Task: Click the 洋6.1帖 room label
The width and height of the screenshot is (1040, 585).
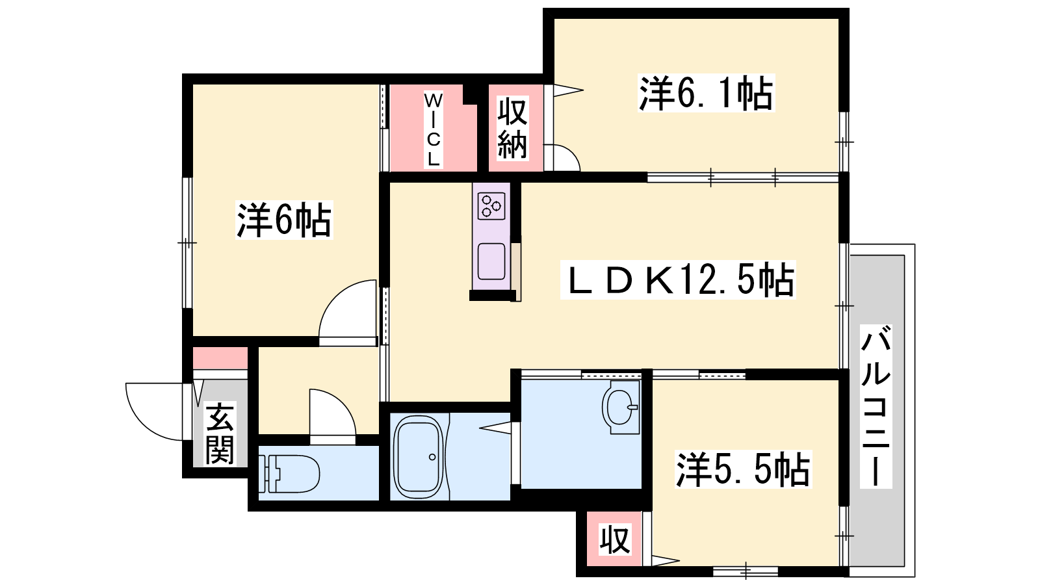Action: click(x=706, y=94)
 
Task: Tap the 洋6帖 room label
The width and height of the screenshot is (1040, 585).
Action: click(x=284, y=220)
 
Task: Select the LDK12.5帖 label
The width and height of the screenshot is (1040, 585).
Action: click(x=678, y=279)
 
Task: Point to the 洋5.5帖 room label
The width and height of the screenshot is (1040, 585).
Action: click(x=744, y=469)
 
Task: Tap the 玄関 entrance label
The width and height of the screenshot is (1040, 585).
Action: click(x=220, y=434)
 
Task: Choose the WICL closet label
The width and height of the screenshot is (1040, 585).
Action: click(x=433, y=130)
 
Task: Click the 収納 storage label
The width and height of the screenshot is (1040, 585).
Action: click(x=513, y=128)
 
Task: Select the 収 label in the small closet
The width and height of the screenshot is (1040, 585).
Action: click(x=615, y=539)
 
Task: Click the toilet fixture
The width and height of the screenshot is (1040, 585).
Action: click(x=289, y=474)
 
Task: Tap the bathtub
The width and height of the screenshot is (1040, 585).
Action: click(x=418, y=457)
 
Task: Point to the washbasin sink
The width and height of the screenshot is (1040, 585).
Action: click(x=621, y=408)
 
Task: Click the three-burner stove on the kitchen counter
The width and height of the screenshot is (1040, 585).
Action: click(x=491, y=206)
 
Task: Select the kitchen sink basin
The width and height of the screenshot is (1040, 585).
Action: click(x=491, y=261)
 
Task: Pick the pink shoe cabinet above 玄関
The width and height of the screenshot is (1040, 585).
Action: click(x=220, y=358)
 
